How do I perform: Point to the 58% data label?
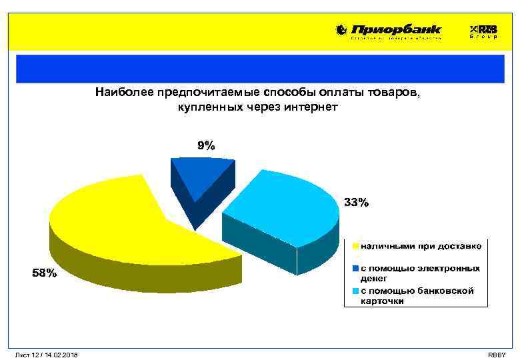[x=45, y=273]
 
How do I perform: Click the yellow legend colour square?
[x=357, y=247]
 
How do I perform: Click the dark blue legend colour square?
[x=357, y=269]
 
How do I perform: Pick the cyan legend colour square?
[x=357, y=291]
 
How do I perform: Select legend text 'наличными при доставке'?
[x=421, y=247]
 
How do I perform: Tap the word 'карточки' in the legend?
[x=382, y=301]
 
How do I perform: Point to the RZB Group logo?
[x=483, y=31]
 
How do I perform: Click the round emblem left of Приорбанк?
[x=341, y=30]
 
